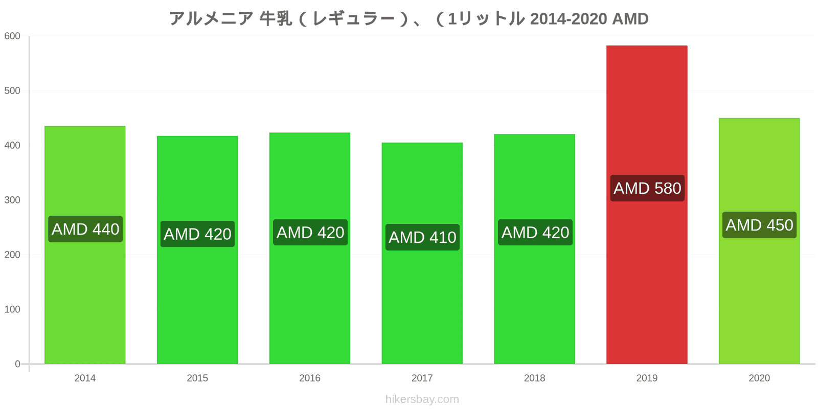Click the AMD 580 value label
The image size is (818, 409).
(647, 188)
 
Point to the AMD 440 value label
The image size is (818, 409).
(85, 229)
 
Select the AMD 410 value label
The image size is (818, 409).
(422, 237)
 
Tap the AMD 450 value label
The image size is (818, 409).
(759, 225)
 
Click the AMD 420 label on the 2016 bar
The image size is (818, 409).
(310, 233)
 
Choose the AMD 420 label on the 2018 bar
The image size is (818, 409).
(535, 233)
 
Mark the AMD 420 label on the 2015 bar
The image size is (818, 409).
(197, 234)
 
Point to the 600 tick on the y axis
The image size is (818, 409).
(12, 36)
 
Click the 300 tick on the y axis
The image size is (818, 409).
(12, 200)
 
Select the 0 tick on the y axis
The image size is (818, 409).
(17, 364)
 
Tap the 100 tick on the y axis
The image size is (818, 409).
(12, 309)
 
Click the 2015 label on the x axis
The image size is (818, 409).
(197, 378)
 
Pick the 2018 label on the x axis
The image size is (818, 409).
(534, 378)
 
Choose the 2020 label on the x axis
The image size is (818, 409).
(759, 378)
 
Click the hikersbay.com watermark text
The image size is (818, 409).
(422, 399)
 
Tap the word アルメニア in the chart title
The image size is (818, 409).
(211, 19)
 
